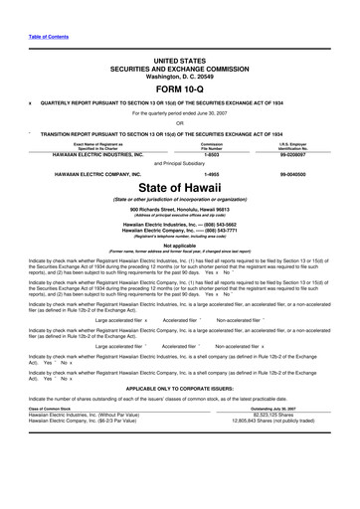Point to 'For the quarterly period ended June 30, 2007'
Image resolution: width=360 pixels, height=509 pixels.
point(179,110)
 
